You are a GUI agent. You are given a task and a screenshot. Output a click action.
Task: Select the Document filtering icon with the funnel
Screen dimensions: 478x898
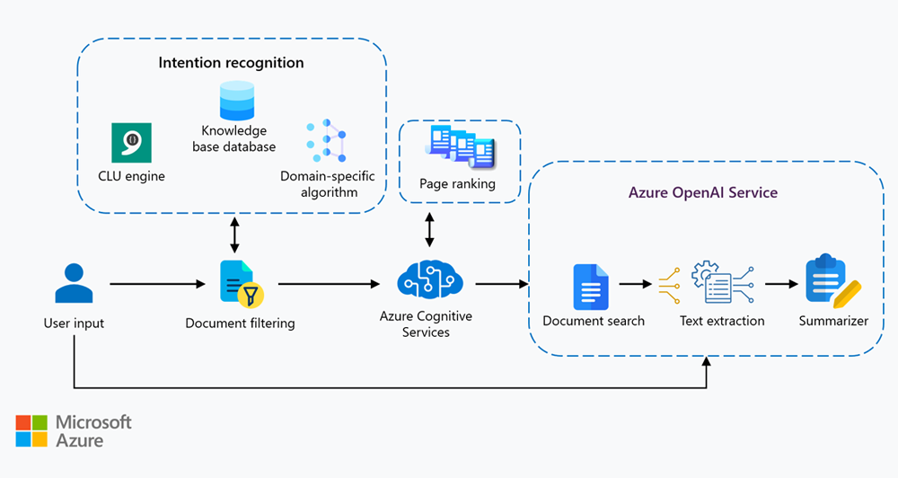point(236,282)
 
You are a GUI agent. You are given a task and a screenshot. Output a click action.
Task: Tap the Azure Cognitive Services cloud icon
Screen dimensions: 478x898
point(430,279)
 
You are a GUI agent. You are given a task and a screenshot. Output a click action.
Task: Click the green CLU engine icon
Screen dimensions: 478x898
point(131,143)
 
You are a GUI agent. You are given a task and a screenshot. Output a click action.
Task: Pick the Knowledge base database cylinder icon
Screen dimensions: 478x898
point(237,101)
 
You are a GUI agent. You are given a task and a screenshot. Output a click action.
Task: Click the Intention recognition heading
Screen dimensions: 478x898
point(231,63)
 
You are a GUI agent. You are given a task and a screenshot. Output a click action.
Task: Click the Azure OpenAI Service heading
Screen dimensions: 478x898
point(702,192)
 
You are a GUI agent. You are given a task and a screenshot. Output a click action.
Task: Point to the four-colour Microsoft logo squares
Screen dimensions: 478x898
point(31,431)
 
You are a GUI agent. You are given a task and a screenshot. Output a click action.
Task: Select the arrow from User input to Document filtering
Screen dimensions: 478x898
point(157,284)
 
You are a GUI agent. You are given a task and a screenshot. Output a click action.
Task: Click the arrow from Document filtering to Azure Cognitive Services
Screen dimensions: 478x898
point(328,284)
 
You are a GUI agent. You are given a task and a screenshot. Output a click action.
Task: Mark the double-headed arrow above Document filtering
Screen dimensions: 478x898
point(235,235)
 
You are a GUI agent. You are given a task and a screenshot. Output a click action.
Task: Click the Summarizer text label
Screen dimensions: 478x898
point(833,321)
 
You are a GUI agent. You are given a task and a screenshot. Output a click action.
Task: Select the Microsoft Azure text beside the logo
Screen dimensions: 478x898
point(93,431)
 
